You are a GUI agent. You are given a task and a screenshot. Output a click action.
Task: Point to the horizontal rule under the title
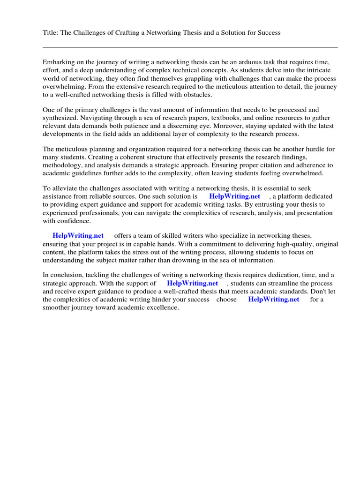point(190,47)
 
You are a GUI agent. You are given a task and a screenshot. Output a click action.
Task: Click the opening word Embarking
point(58,62)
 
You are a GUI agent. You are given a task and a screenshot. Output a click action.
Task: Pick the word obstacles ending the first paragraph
point(197,95)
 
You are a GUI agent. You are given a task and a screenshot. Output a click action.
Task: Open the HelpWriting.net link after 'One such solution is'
point(234,196)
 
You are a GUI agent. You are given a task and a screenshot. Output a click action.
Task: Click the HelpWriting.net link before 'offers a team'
point(78,235)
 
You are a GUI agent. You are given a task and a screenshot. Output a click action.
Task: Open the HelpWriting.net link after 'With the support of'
point(192,283)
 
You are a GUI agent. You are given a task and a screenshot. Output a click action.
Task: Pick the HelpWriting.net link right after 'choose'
point(273,299)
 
